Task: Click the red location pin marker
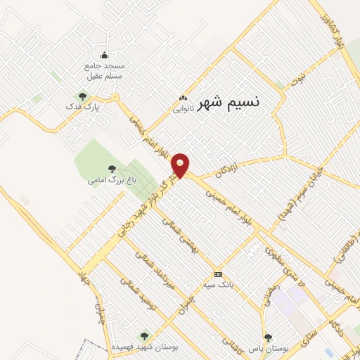pos(181,164)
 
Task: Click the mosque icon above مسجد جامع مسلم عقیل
pos(105,56)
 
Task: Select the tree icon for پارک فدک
pos(82,97)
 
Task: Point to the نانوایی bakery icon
pos(183,98)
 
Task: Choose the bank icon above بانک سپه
pos(218,274)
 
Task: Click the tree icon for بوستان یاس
pos(267,337)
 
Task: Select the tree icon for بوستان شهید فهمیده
pos(144,336)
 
